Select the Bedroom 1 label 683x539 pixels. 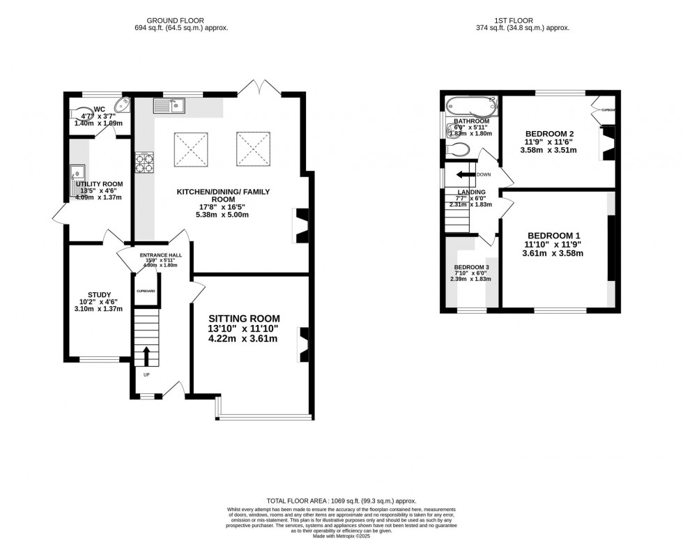coord(553,235)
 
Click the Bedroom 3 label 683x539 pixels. coord(472,268)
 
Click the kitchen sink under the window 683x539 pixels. coord(167,106)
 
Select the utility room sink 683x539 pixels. coord(77,179)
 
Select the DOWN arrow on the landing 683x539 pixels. coord(463,176)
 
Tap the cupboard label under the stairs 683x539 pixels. coord(146,291)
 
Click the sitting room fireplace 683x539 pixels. coord(302,344)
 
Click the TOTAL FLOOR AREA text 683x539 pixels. coord(341,501)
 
